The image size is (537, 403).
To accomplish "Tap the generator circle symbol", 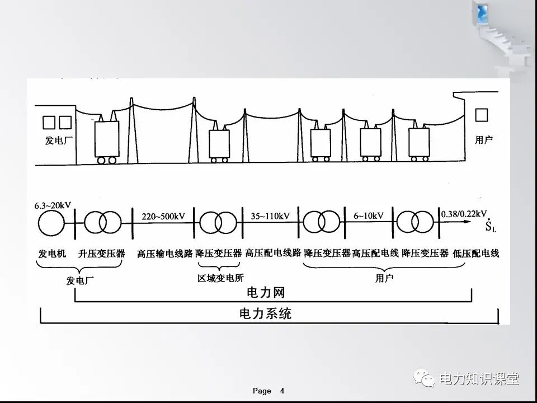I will coord(52,223).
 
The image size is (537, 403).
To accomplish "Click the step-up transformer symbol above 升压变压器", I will coord(102,223).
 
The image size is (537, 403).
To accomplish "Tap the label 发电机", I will coord(52,254).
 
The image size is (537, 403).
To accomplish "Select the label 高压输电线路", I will coord(164,254).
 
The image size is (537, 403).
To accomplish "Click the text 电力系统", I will coord(265,313).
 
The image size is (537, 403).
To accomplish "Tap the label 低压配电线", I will coord(475,254).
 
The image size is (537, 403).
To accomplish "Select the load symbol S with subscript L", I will coord(491,226).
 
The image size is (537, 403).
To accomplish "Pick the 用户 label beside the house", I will coord(484,140).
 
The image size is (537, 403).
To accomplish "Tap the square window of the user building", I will coord(481,115).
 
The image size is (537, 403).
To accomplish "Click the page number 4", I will coord(282,391).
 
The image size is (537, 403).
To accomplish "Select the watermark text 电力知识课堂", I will coord(479,379).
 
